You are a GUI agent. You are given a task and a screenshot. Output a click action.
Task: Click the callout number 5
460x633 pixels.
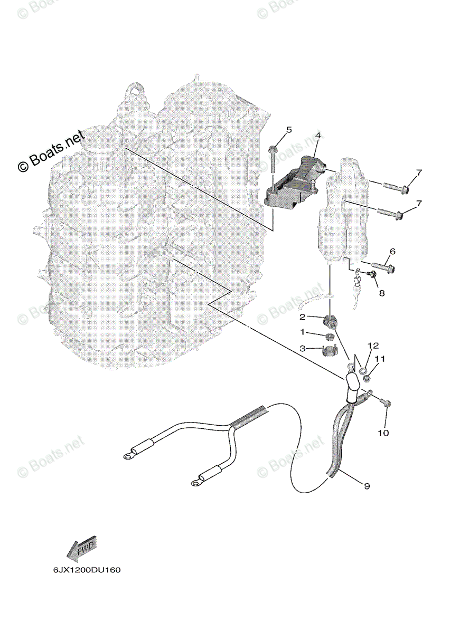(289, 130)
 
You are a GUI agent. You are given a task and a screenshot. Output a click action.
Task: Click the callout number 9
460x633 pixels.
(367, 486)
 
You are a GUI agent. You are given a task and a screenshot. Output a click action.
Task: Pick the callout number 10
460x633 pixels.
(383, 433)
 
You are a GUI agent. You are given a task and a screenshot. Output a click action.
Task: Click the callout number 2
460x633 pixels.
(303, 317)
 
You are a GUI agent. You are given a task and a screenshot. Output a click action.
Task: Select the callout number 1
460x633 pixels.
(303, 332)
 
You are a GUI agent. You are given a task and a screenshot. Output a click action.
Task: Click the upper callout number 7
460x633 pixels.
(418, 172)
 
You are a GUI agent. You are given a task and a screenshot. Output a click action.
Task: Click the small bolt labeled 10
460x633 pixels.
(386, 404)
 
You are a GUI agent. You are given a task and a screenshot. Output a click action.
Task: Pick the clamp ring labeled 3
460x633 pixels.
(328, 350)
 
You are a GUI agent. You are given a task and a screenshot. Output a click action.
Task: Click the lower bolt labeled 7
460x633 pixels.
(391, 213)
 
